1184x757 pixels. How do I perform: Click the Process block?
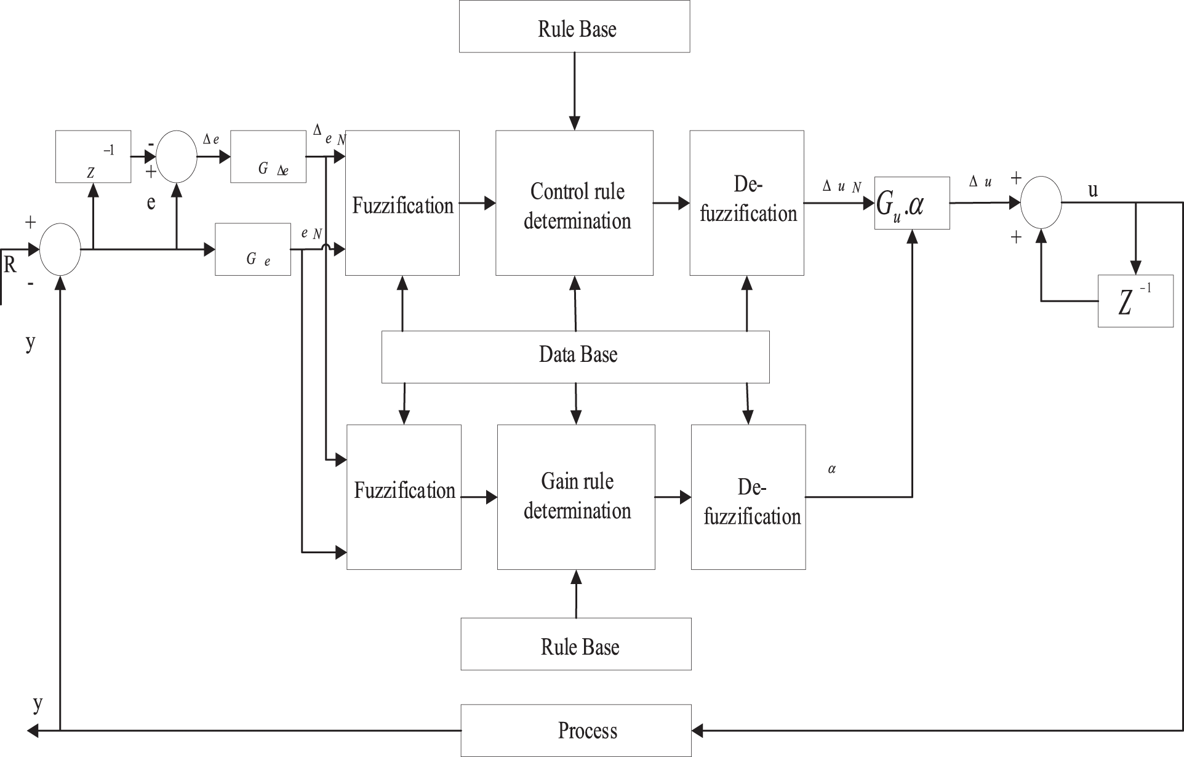tap(576, 731)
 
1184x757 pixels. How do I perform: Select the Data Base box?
tap(575, 357)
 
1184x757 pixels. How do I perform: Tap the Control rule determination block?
tap(574, 202)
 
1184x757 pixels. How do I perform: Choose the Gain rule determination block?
tap(576, 497)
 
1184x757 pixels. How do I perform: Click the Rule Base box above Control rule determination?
tap(574, 26)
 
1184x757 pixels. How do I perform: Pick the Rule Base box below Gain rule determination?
tap(576, 644)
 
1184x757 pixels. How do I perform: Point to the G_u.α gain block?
tap(912, 203)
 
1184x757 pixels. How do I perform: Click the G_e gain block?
tap(253, 249)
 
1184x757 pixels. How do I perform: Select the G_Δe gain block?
tap(268, 156)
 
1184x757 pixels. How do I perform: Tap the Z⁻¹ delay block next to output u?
tap(1135, 301)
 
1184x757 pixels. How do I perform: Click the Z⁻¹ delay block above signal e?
tap(93, 156)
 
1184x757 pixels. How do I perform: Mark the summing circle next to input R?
tap(60, 249)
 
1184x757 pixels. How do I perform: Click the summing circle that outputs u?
tap(1041, 202)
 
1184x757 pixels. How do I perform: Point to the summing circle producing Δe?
tap(177, 156)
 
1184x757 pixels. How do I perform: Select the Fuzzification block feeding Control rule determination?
tap(402, 202)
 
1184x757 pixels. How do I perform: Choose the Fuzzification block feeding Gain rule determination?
tap(404, 497)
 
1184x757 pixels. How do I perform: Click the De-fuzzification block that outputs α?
tap(748, 497)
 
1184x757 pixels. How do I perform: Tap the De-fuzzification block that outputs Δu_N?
tap(746, 202)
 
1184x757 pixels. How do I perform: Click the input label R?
tap(10, 265)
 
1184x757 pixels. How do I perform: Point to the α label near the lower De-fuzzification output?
tap(832, 469)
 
